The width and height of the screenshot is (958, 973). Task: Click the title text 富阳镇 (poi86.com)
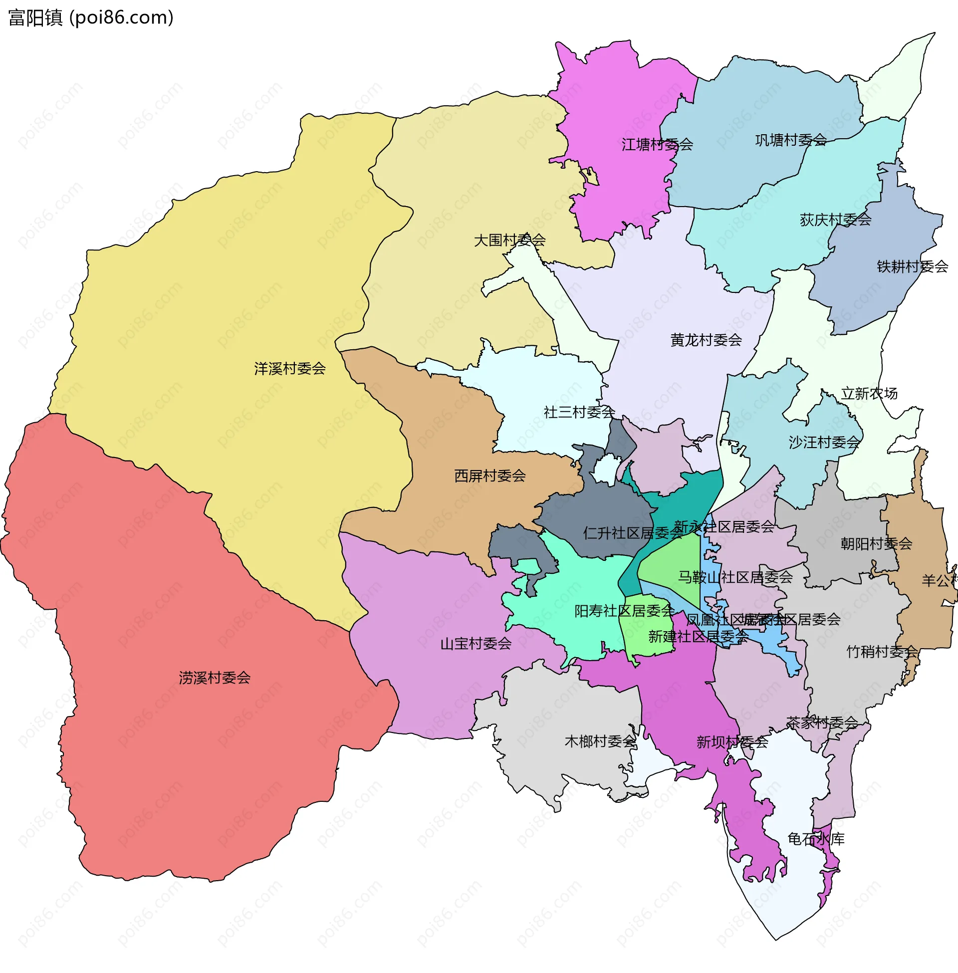tap(91, 17)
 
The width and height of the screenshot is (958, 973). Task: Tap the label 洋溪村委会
tap(290, 369)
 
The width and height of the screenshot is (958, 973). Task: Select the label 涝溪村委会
tap(215, 678)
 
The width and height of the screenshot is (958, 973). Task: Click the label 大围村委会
tap(510, 240)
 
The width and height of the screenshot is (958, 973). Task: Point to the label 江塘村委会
tap(657, 145)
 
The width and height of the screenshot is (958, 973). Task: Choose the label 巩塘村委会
tap(791, 140)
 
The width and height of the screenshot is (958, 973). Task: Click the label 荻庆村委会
tap(836, 220)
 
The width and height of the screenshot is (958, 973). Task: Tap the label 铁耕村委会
tap(912, 266)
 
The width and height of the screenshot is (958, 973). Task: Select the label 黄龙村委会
tap(706, 340)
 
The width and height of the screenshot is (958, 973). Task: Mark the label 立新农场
tap(870, 393)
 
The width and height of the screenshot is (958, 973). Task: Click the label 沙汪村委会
tap(825, 442)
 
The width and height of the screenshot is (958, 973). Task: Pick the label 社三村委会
tap(579, 412)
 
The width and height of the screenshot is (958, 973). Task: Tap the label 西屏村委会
tap(490, 476)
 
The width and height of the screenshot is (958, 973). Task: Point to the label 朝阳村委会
tap(877, 543)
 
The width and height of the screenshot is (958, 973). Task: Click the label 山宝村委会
tap(476, 644)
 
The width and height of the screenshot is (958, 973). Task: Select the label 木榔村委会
tap(601, 741)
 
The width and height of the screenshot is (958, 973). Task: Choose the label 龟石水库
tap(816, 839)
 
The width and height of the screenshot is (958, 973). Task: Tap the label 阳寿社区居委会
tap(625, 611)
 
